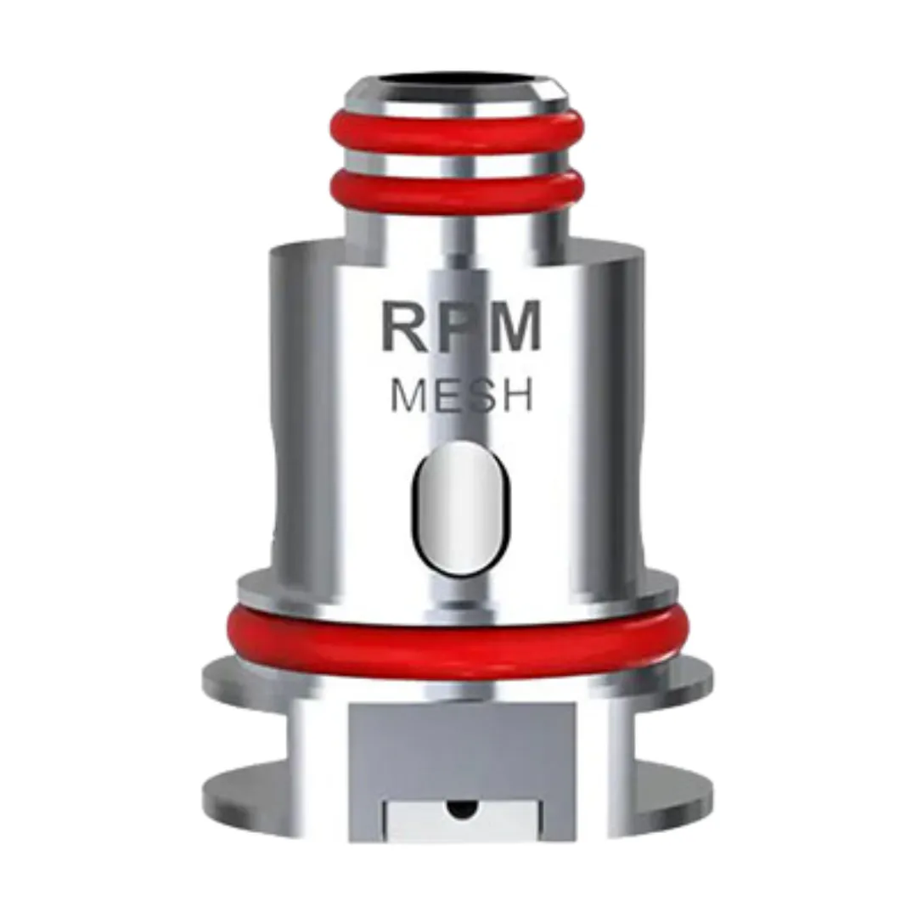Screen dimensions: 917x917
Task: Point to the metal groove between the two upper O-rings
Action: [457, 163]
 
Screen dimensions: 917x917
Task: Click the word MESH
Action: [461, 396]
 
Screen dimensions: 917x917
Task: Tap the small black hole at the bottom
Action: [459, 809]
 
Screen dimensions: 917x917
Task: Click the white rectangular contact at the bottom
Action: [459, 822]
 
